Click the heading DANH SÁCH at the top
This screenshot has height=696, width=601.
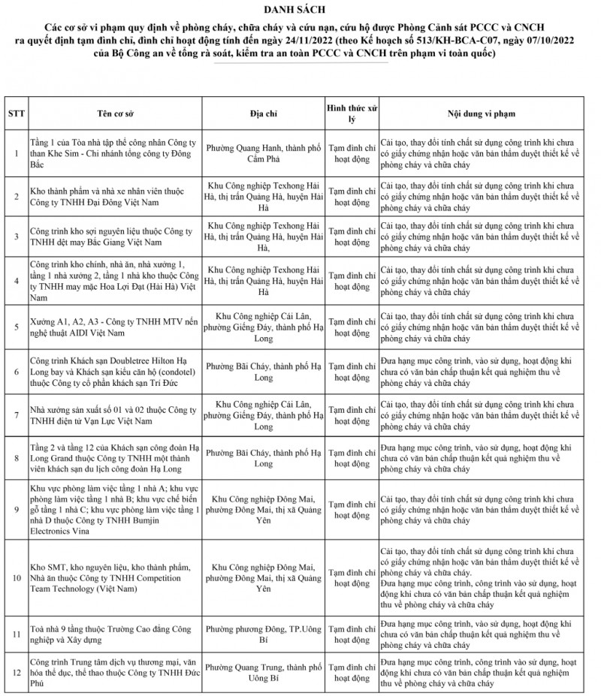pos(300,9)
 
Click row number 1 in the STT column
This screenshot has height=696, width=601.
pos(15,153)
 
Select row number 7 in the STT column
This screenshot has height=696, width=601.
pos(15,414)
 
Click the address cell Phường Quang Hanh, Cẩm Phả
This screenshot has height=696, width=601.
pos(263,153)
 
